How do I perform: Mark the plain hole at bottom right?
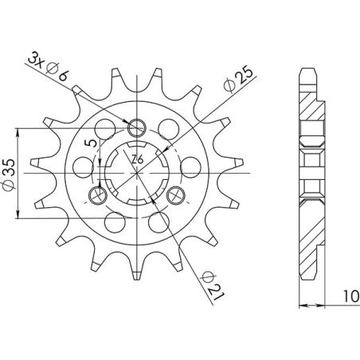tap(159, 217)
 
